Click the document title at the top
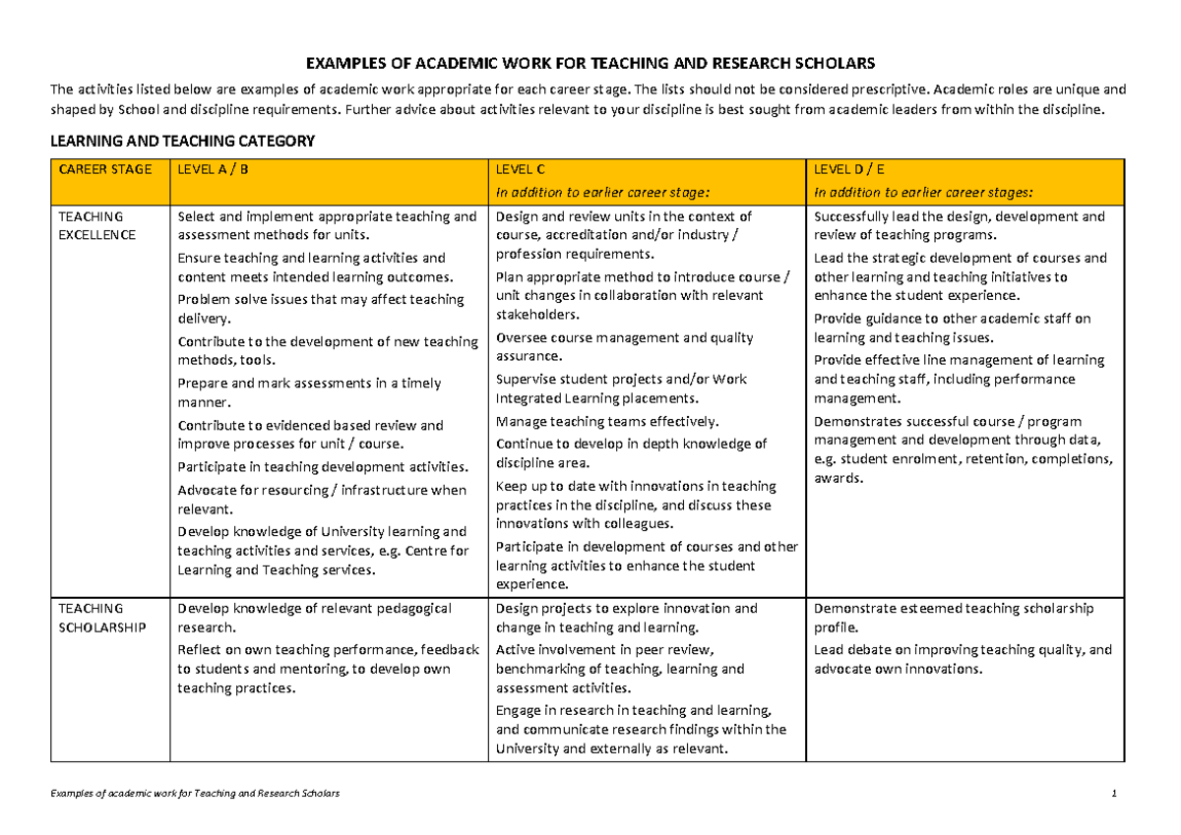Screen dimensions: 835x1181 pyautogui.click(x=590, y=64)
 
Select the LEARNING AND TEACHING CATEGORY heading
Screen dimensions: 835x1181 pyautogui.click(x=182, y=142)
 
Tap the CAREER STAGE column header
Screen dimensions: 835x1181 pyautogui.click(x=105, y=169)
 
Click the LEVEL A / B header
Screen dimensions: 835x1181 pyautogui.click(x=213, y=169)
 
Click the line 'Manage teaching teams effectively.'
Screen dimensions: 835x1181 pyautogui.click(x=607, y=421)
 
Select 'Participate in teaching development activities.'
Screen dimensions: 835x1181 pyautogui.click(x=323, y=467)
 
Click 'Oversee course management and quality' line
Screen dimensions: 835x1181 pyautogui.click(x=625, y=337)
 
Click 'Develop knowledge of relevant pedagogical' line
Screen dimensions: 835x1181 pyautogui.click(x=314, y=609)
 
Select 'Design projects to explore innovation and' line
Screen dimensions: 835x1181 pyautogui.click(x=627, y=609)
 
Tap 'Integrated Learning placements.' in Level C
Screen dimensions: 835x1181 pyautogui.click(x=597, y=398)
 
